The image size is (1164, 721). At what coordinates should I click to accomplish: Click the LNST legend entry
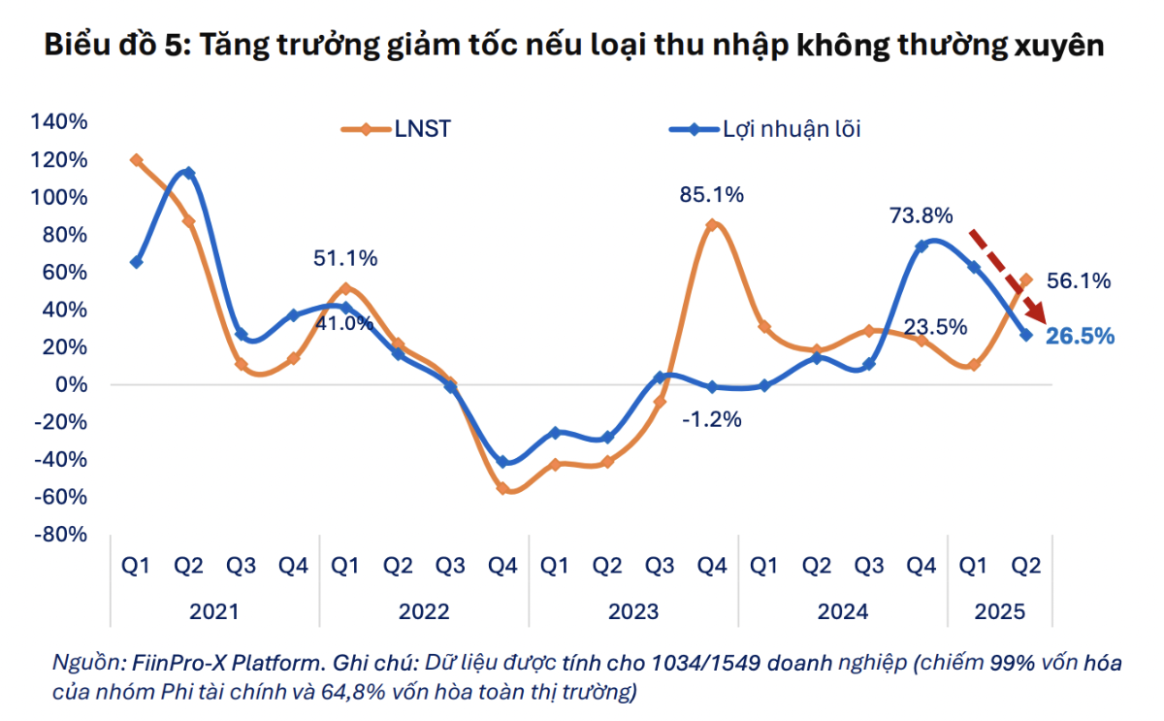(x=422, y=128)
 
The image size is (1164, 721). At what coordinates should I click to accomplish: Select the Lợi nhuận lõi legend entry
(x=792, y=128)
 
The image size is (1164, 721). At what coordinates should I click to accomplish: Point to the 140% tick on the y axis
(x=61, y=122)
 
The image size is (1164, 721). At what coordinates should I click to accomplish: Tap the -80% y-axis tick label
(x=61, y=535)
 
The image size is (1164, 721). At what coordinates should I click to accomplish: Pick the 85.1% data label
(x=712, y=195)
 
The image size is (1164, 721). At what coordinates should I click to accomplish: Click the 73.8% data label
(x=921, y=215)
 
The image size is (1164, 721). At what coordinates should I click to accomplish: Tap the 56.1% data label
(x=1079, y=281)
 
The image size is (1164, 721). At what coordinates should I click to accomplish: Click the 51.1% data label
(x=345, y=259)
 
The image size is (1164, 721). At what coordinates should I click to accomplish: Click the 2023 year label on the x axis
(x=633, y=612)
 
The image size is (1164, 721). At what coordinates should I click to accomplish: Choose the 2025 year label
(x=999, y=612)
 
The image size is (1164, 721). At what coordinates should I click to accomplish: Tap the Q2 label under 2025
(x=1026, y=566)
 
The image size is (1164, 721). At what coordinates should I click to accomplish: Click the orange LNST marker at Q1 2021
(x=137, y=160)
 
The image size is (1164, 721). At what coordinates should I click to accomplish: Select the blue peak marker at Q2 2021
(x=188, y=174)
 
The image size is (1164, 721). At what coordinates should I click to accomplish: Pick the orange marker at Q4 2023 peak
(x=712, y=225)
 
